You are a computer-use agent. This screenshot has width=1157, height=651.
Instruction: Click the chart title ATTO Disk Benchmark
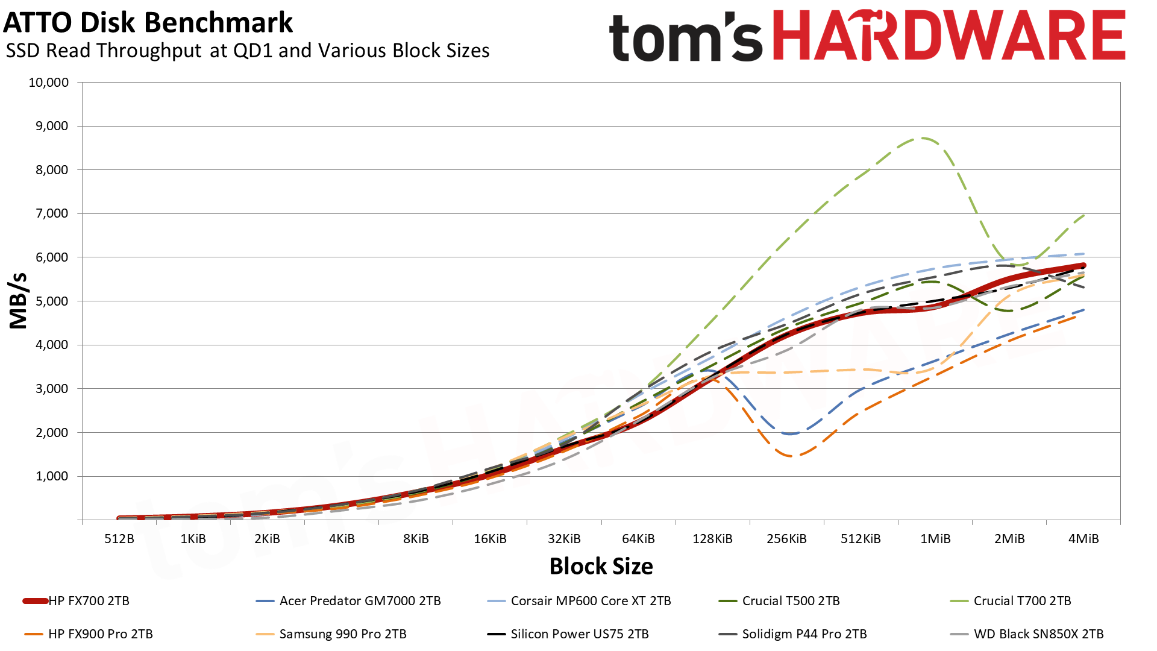click(148, 23)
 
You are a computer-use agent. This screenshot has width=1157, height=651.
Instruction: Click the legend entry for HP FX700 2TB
click(89, 601)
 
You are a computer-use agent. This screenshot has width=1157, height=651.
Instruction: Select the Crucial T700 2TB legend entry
click(1022, 601)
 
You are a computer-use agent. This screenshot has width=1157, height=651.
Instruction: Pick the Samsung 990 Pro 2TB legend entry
click(342, 634)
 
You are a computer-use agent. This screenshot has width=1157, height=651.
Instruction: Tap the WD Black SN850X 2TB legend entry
click(1038, 634)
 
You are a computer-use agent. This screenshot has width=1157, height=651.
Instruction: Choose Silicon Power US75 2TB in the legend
click(579, 634)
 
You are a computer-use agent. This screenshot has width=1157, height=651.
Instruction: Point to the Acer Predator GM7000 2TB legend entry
click(360, 601)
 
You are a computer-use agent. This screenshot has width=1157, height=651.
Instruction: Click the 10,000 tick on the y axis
click(49, 83)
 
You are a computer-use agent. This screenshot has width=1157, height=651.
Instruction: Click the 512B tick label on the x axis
click(119, 539)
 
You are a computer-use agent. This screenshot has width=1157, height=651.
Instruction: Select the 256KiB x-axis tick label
click(786, 539)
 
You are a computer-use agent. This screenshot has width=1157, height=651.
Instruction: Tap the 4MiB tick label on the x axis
click(1083, 539)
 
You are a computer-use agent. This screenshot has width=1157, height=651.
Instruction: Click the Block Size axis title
click(601, 567)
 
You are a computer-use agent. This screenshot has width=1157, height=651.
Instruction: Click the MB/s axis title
click(19, 301)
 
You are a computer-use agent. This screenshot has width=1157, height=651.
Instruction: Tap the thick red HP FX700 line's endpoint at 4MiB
click(1083, 265)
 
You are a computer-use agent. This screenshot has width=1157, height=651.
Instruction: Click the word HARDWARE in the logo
click(948, 36)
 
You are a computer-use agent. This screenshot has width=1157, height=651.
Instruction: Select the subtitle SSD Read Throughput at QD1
click(247, 51)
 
